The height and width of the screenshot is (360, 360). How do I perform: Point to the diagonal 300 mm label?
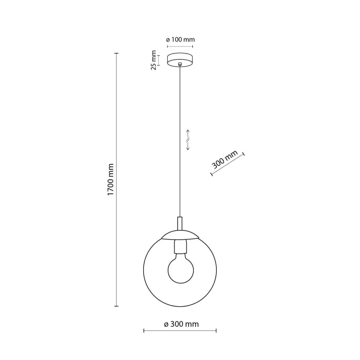coord(225,160)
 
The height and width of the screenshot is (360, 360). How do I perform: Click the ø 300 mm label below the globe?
coord(181,324)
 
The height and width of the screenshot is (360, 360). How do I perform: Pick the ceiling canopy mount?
coord(180,59)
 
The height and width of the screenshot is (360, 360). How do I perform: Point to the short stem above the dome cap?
coord(180,224)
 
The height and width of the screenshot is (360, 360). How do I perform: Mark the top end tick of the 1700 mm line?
coord(116,54)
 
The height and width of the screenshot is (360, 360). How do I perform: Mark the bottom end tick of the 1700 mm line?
coord(116,306)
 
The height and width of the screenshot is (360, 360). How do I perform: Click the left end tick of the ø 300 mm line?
coord(144,330)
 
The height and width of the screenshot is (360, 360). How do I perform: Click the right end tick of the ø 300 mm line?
coord(216,330)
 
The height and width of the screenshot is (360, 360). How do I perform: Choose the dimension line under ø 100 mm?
coord(180,47)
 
